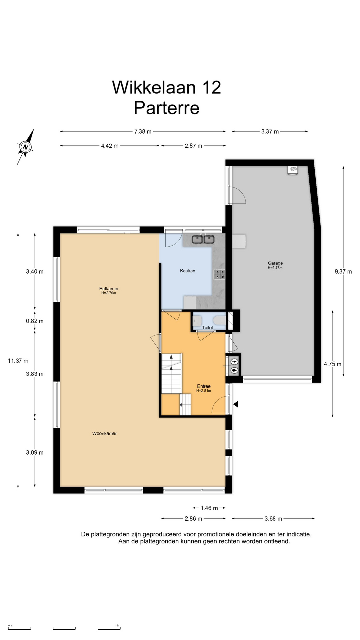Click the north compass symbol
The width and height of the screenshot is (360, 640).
coord(25,147)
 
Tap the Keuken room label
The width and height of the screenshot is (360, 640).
coord(188,271)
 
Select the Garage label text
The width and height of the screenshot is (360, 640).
coord(275,263)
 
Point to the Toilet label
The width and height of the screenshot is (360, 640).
coord(207,328)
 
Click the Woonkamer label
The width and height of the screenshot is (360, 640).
coord(105,433)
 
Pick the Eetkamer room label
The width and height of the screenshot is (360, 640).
coord(109,289)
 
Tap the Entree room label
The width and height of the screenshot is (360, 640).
coord(204,386)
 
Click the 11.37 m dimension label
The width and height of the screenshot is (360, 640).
coord(18,361)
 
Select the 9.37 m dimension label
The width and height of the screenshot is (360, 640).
coord(343,271)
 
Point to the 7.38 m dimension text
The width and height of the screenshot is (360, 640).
coord(143,131)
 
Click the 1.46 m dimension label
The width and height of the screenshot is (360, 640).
coord(209,508)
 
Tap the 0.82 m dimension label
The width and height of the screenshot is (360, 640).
coord(35,321)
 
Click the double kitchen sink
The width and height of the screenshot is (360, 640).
coord(203,239)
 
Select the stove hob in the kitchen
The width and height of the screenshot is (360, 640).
coord(219,274)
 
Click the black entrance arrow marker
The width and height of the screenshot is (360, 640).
coord(236,404)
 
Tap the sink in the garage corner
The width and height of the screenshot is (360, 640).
coord(293,170)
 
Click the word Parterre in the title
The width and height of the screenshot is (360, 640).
coord(167,108)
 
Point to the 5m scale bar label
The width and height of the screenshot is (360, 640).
coord(118,626)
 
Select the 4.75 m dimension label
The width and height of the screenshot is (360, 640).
coord(333,364)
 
